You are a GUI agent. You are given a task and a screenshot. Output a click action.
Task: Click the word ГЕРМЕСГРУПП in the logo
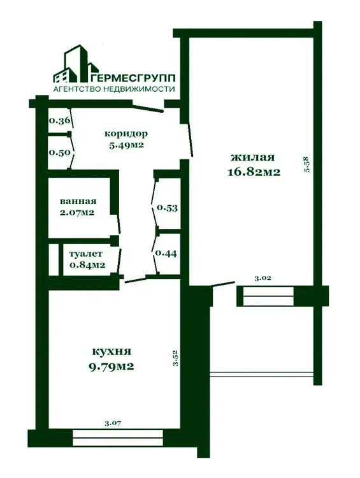[x=133, y=78]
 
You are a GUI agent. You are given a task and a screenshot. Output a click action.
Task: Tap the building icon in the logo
[x=76, y=64]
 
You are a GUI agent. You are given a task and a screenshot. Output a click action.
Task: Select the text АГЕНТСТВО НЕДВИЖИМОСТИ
[x=114, y=89]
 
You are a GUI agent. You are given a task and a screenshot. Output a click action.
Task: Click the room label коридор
[x=126, y=134]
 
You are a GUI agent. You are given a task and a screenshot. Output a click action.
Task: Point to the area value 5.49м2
[x=126, y=145]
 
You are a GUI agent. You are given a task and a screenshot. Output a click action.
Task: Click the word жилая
[x=253, y=157]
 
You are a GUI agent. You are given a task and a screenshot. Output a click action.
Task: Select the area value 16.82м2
[x=254, y=172]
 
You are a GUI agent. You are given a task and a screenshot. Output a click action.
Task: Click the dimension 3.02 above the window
[x=263, y=278]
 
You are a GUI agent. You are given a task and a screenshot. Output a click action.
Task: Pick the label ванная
[x=78, y=201]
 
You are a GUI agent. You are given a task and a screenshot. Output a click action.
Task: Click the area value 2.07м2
[x=77, y=212]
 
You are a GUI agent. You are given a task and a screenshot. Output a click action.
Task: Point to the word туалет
[x=86, y=254]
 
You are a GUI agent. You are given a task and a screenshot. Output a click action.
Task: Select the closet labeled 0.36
[x=60, y=120]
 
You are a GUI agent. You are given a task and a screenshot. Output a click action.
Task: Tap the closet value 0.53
[x=167, y=208]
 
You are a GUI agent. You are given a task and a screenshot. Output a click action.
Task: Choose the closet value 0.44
[x=166, y=253]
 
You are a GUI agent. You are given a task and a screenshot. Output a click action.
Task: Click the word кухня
[x=112, y=351]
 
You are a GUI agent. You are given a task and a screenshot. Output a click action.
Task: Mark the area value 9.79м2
[x=112, y=366]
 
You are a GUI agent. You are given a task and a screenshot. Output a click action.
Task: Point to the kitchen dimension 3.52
[x=175, y=358]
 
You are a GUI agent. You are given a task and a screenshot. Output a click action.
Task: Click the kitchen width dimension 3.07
[x=113, y=423]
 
